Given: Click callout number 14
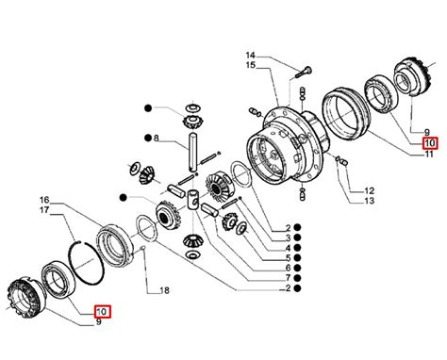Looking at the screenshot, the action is pos(250,56).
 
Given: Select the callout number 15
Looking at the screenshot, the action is pos(251,65).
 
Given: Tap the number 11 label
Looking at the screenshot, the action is pos(429,154).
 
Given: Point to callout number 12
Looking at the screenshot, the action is pos(370,190).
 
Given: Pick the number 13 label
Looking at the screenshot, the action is pos(370,201).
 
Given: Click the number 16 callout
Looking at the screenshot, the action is pos(44,200).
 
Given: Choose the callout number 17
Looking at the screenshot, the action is pos(44,210).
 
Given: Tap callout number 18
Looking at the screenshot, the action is pos(165,290).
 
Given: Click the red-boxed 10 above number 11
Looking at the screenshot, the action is pos(430,143).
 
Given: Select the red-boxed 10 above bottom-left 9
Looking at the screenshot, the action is pos(103,311).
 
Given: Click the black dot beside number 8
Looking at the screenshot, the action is pos(148,138).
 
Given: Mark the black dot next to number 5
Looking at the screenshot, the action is pos(297,258).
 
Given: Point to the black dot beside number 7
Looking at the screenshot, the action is pos(297,278).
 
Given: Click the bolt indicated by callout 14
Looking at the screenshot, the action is pos(304,73).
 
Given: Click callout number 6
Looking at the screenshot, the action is pos(288,268).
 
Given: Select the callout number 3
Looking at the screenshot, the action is pos(288,237).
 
